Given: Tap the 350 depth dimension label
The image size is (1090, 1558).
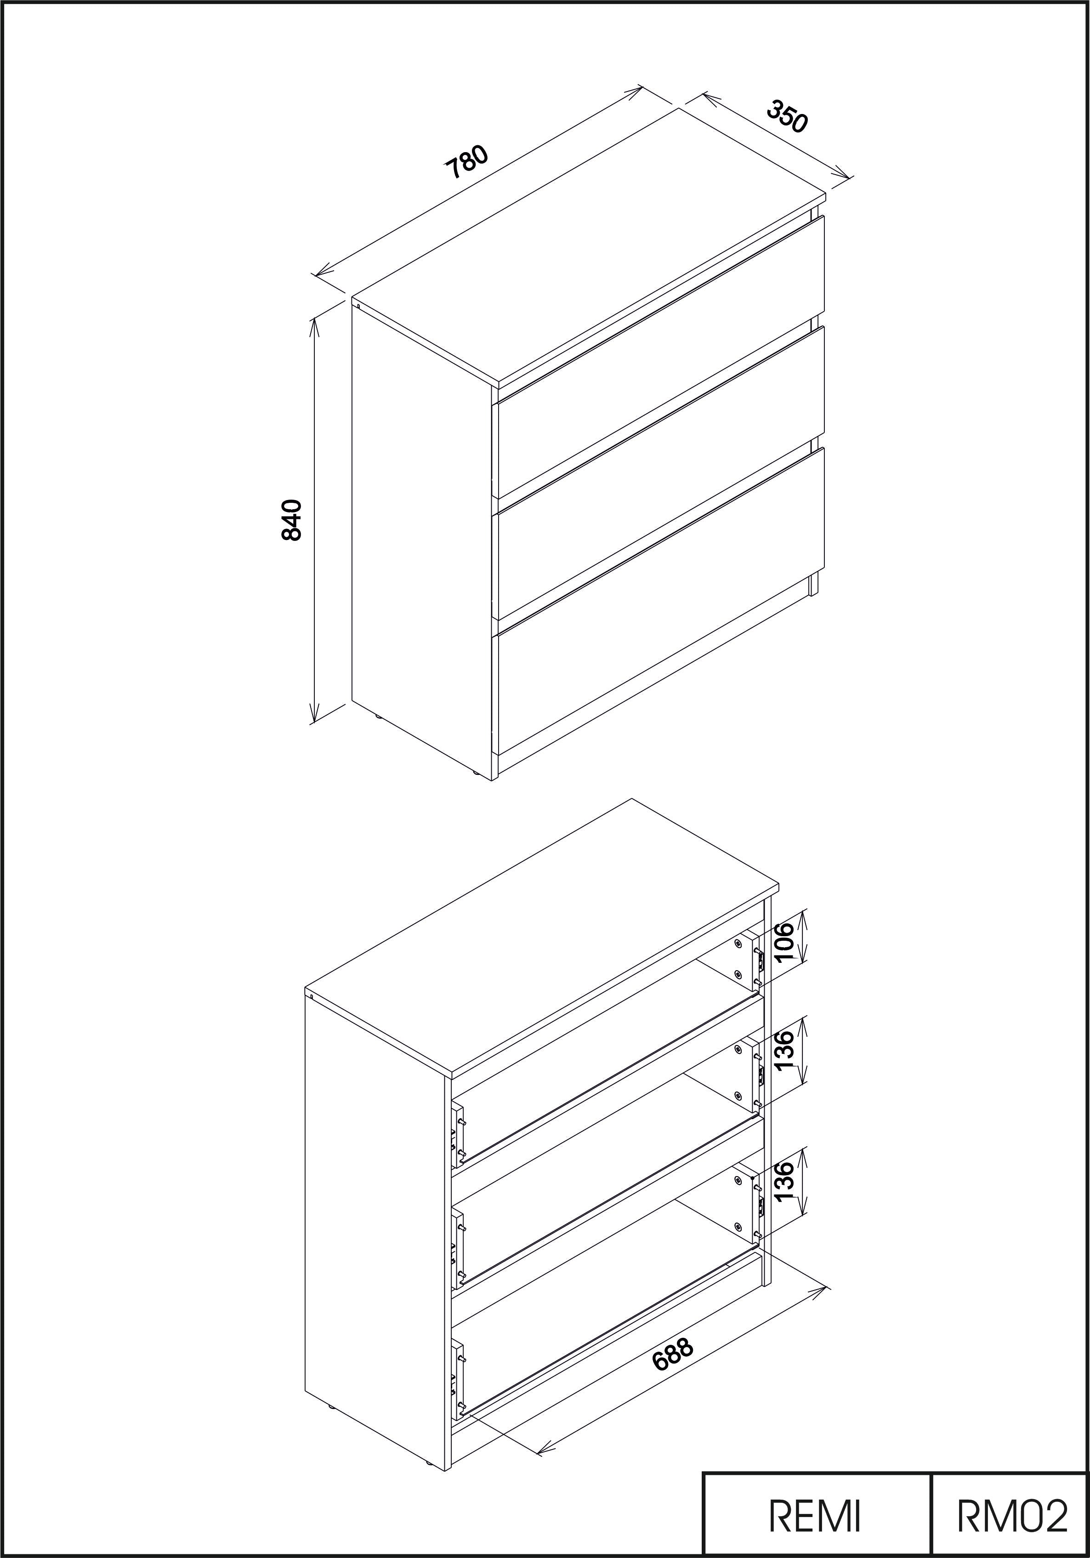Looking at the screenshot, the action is pos(788,117).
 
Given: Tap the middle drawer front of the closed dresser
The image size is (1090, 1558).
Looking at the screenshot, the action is pos(661,473).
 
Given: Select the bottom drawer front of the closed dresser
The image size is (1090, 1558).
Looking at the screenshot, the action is pos(661,601).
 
